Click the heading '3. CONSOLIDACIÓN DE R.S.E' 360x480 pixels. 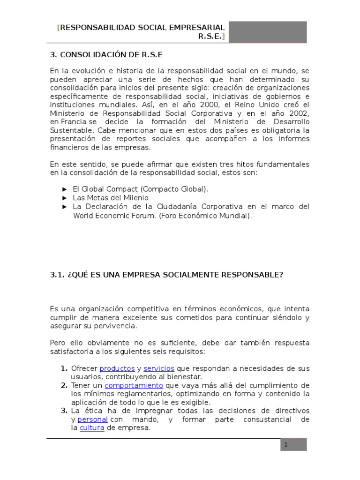point(106,54)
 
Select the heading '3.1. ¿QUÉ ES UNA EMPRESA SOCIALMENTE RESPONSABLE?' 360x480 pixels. point(166,275)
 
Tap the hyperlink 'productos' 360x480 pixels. point(117,368)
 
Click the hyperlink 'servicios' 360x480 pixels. point(158,368)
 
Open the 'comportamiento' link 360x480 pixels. point(134,385)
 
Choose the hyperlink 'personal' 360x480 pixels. point(93,419)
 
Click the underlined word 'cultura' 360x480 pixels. point(92,427)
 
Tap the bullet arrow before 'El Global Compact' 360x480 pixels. point(64,189)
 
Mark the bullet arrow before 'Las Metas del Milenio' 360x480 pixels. point(64,198)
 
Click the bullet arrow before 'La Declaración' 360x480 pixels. point(64,206)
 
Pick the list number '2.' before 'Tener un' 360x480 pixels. point(65,385)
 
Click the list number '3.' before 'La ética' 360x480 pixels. point(65,411)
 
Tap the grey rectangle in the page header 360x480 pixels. point(268,32)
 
